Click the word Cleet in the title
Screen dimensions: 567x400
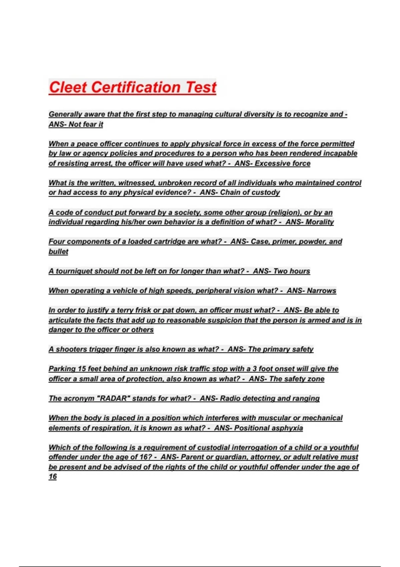(x=68, y=87)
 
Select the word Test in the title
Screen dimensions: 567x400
(x=201, y=87)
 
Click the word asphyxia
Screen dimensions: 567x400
(x=287, y=428)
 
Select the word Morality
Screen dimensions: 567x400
(x=319, y=222)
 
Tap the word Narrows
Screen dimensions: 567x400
(x=321, y=291)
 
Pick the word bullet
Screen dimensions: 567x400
(x=58, y=251)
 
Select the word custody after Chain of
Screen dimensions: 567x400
(x=267, y=192)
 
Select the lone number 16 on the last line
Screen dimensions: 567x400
(x=53, y=477)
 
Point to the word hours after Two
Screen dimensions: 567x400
(x=300, y=271)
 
